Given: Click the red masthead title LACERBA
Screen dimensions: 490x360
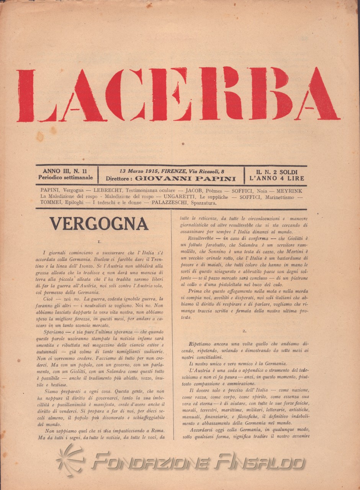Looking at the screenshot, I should click(x=178, y=94).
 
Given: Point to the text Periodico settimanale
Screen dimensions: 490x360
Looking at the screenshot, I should click(x=65, y=178).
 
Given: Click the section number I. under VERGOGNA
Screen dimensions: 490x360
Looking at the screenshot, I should click(x=99, y=242).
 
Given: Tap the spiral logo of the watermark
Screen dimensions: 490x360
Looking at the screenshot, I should click(x=72, y=459).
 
